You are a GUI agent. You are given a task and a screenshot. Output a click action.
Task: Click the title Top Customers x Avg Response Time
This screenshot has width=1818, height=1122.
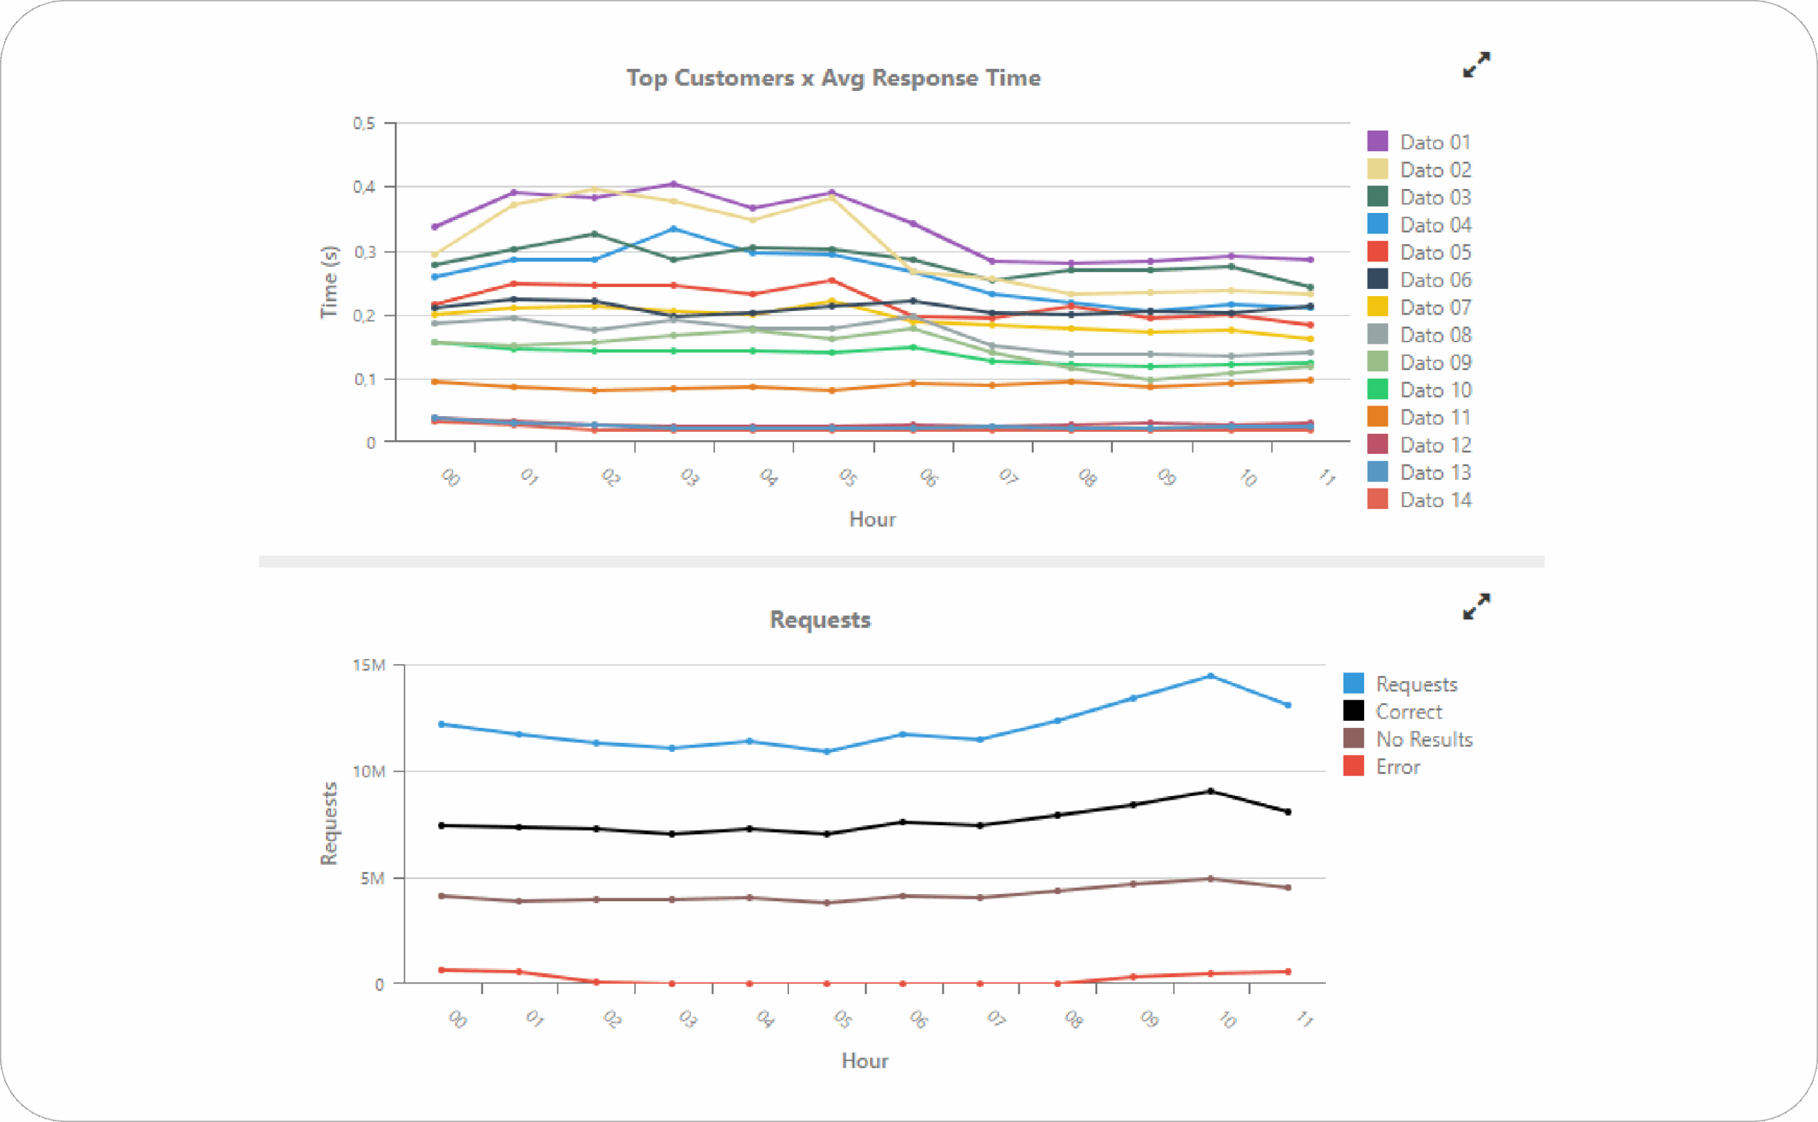click(832, 78)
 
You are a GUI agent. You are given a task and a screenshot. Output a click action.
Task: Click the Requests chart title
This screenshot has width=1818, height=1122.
click(820, 620)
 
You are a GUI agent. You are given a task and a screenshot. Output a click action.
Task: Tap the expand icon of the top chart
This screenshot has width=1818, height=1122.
click(1476, 65)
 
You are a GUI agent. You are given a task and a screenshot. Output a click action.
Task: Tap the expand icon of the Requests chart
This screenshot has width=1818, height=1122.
click(1476, 606)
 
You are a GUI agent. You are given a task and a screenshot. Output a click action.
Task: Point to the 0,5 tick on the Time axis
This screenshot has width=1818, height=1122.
click(364, 123)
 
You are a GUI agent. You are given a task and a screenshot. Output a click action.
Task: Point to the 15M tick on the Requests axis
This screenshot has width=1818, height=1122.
click(369, 665)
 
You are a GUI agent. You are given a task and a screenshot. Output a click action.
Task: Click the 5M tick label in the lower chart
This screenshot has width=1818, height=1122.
click(373, 878)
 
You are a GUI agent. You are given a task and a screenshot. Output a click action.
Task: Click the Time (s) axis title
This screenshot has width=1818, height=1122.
click(329, 282)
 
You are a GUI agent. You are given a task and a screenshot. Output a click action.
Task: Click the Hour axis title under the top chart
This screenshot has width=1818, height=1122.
click(872, 519)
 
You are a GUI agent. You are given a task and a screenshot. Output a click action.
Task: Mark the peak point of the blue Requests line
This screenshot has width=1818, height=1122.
click(1210, 676)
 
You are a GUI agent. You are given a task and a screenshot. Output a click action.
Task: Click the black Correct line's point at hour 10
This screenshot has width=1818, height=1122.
click(1210, 791)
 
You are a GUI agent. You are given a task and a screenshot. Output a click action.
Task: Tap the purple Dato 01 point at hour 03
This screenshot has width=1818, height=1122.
click(673, 184)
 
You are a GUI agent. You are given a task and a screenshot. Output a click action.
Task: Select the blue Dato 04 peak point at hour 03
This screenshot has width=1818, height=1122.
click(673, 229)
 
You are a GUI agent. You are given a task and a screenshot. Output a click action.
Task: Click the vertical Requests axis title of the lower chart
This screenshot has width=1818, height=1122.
click(329, 824)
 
